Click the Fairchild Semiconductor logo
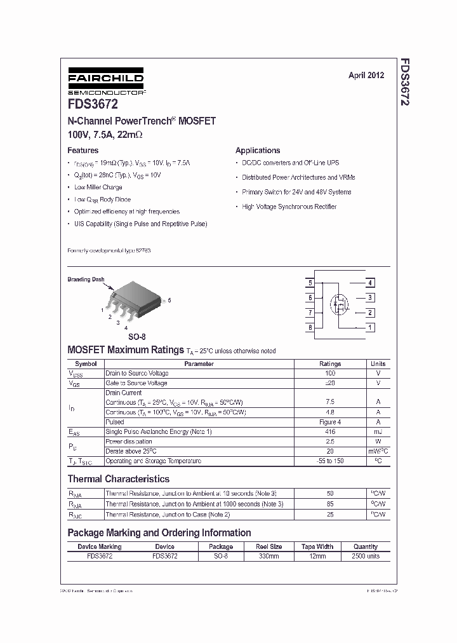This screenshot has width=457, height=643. (x=106, y=81)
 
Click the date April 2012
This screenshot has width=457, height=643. (x=366, y=75)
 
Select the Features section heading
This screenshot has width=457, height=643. (x=83, y=151)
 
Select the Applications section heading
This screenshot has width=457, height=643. (x=258, y=151)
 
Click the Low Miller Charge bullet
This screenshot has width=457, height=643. (x=98, y=187)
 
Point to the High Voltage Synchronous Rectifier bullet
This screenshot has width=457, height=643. (x=289, y=206)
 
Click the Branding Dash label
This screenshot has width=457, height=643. (x=86, y=279)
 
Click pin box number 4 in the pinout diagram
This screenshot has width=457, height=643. (x=370, y=283)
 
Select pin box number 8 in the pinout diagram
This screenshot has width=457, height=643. (x=310, y=328)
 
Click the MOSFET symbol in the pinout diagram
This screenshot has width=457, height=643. (x=340, y=305)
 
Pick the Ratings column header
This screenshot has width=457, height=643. (x=329, y=364)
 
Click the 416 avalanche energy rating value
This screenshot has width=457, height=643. (x=329, y=432)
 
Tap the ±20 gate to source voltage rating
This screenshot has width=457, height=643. (x=329, y=383)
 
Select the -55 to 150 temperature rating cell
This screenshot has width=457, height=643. (x=329, y=461)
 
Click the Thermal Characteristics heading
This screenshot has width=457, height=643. (x=119, y=479)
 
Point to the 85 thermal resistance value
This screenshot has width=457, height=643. (x=329, y=504)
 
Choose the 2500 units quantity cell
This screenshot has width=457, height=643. (x=365, y=556)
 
